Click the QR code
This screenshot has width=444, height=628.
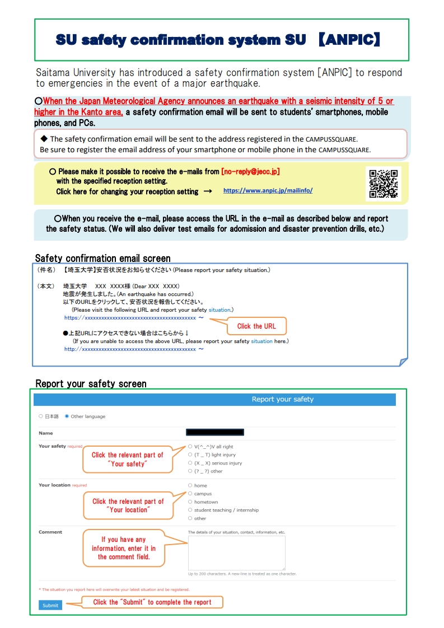click(384, 183)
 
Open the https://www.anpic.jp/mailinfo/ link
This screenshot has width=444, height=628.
click(268, 191)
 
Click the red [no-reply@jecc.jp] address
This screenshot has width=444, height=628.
click(250, 172)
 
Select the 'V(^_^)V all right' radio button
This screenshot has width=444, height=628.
click(190, 447)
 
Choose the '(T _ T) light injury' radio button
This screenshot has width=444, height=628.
click(190, 455)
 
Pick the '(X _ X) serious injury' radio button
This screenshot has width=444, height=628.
click(190, 463)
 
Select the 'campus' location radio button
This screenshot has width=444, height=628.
click(190, 494)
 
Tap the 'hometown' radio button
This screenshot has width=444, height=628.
click(190, 502)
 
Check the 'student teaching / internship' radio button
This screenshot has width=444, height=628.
click(190, 510)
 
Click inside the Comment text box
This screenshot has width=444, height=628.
click(236, 552)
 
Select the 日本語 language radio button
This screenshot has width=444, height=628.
click(41, 416)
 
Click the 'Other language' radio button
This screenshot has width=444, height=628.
click(67, 416)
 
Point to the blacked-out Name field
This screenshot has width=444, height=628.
click(215, 432)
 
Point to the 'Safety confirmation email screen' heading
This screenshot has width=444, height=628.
click(102, 258)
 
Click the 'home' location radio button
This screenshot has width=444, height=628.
click(190, 485)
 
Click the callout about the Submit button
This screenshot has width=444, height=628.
click(152, 602)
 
